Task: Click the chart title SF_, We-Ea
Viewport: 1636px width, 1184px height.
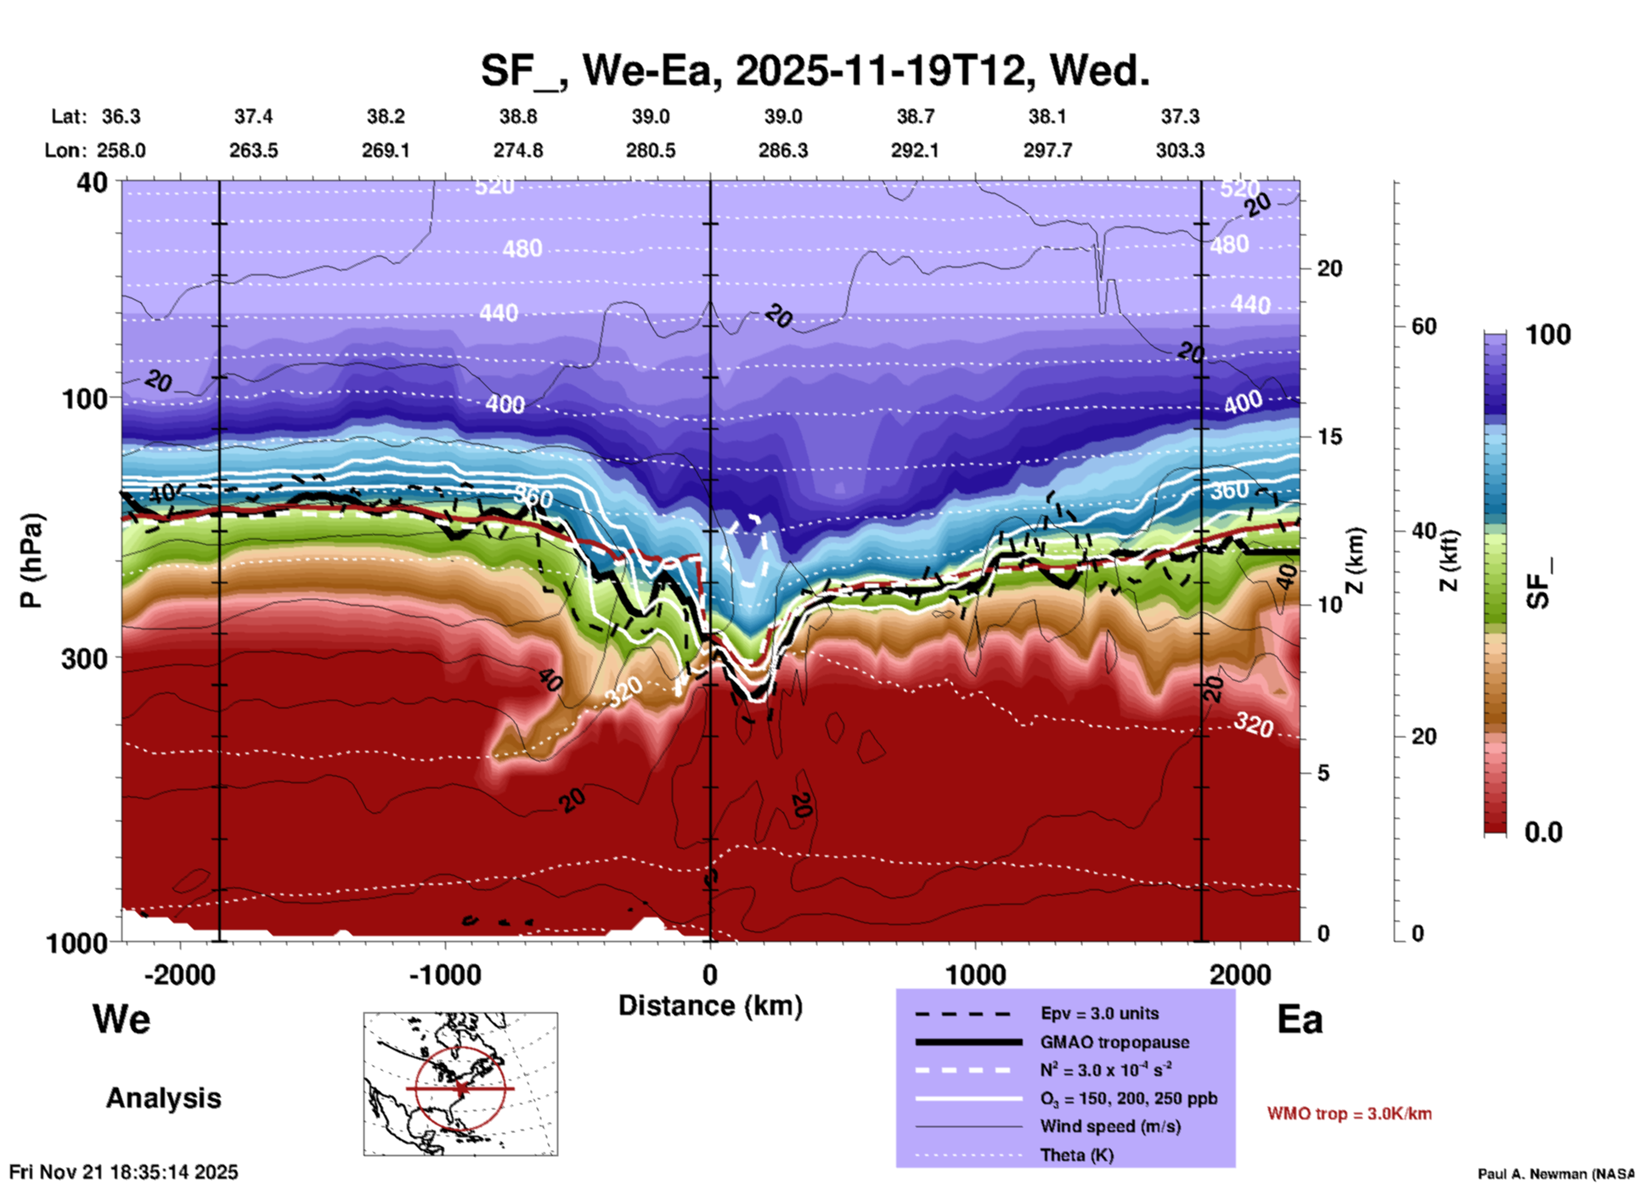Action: [x=815, y=70]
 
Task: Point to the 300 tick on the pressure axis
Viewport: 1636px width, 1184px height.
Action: [x=85, y=658]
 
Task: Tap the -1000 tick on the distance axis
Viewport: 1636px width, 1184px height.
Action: [x=445, y=974]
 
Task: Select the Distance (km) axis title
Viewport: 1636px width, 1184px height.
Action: [x=710, y=1006]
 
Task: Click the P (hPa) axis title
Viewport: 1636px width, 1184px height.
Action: [x=31, y=561]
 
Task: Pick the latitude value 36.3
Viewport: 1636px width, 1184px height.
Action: [x=121, y=116]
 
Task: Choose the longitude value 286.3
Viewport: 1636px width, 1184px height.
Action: [x=782, y=150]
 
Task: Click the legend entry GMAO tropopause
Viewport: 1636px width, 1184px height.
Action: [x=1114, y=1042]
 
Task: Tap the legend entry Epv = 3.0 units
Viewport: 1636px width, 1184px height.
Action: [x=1099, y=1013]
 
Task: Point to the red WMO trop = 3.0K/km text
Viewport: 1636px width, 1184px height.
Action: [x=1349, y=1114]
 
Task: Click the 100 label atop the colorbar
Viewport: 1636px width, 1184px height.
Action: [x=1548, y=335]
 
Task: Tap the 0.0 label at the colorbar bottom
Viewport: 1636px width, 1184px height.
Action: [x=1543, y=832]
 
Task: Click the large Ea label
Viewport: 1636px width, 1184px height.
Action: [x=1300, y=1020]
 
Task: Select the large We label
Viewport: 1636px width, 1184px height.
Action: [x=121, y=1018]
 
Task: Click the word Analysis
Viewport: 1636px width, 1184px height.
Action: [x=163, y=1098]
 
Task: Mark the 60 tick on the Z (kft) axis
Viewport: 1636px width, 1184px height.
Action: [x=1424, y=326]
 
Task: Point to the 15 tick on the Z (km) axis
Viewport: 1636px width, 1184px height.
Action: [x=1329, y=437]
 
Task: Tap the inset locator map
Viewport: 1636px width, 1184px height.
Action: [x=460, y=1083]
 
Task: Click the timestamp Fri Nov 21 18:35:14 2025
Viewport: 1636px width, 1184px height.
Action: [x=124, y=1172]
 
